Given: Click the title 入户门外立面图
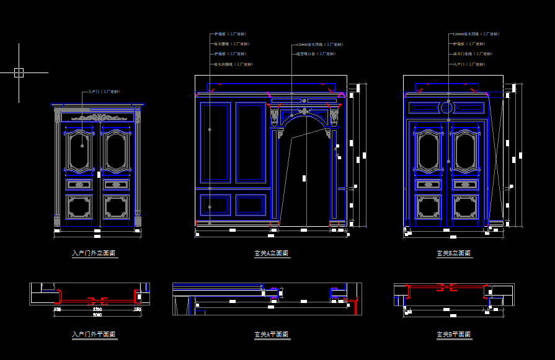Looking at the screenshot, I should [94, 253].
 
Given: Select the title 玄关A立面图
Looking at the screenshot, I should [271, 253].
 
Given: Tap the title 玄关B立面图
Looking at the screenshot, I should [453, 253].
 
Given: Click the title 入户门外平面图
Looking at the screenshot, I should [94, 335].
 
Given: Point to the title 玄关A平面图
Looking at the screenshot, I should [271, 335].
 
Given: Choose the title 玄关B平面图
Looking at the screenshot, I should [453, 335].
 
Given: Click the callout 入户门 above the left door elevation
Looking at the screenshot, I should [104, 92].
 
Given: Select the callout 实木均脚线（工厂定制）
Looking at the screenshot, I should [233, 64].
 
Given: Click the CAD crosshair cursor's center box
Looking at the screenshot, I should [19, 72].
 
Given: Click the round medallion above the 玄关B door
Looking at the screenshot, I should [446, 108].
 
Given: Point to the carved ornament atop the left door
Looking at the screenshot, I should [96, 116].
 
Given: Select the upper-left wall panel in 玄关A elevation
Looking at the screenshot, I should [216, 143].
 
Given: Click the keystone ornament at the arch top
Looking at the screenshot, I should [304, 112].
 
